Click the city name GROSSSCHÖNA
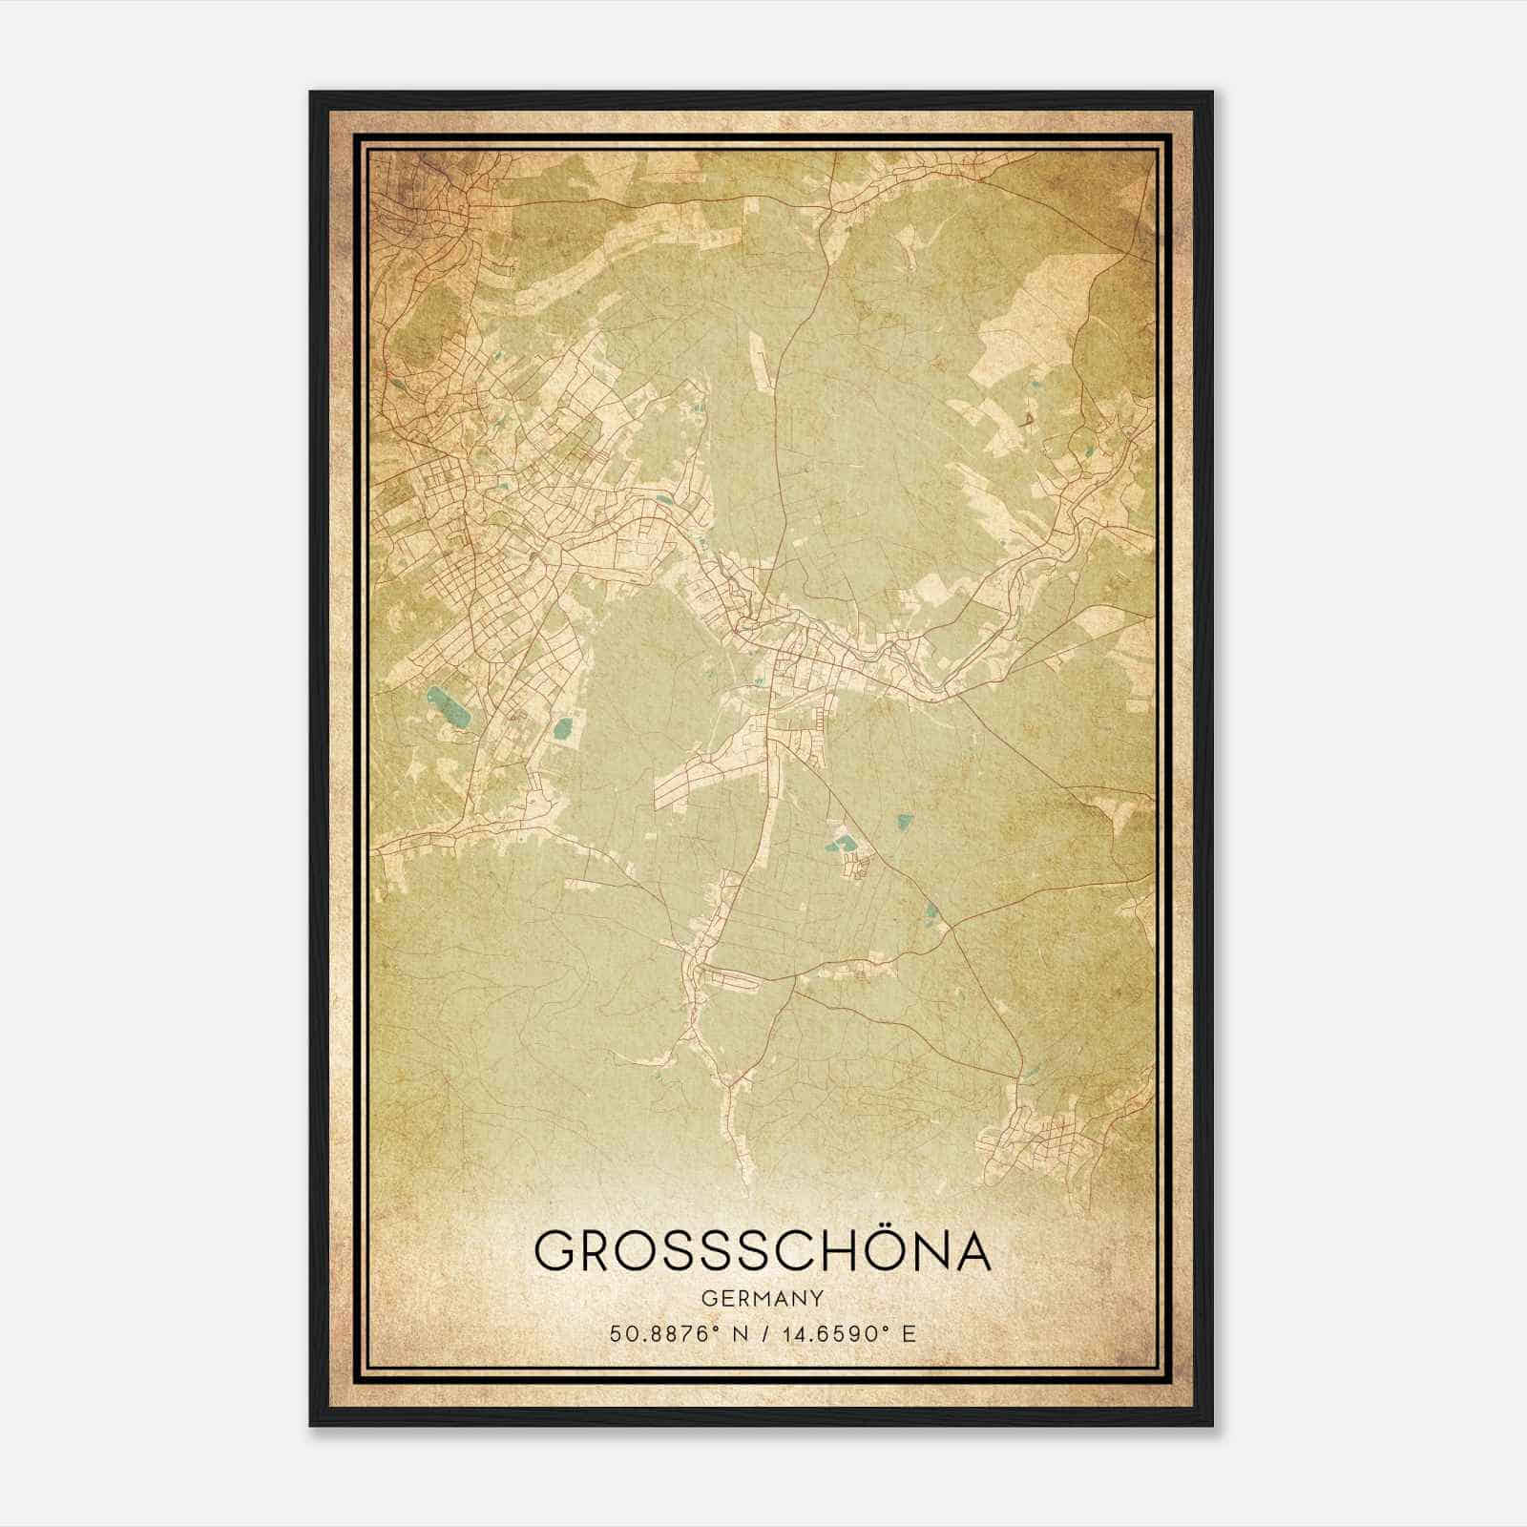coord(763,1250)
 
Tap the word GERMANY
coord(763,1298)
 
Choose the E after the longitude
coord(909,1333)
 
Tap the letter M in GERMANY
coord(760,1298)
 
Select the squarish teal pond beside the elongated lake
coord(561,731)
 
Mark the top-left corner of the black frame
coord(311,93)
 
